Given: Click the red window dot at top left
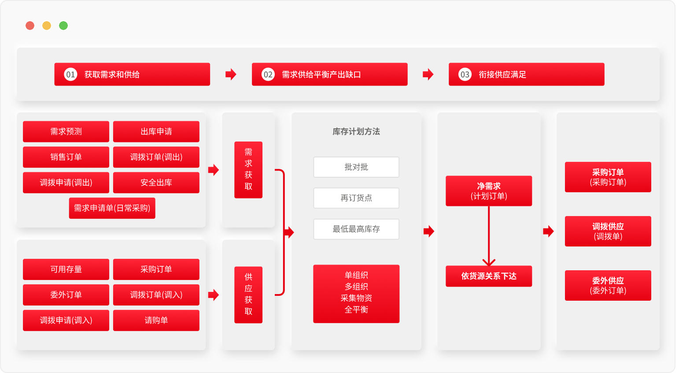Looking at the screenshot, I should pyautogui.click(x=30, y=26).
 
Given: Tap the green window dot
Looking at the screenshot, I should pyautogui.click(x=63, y=26).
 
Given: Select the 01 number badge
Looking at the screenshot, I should pyautogui.click(x=70, y=75).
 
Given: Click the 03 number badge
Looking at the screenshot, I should pyautogui.click(x=465, y=75).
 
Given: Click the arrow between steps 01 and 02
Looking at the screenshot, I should pyautogui.click(x=231, y=74).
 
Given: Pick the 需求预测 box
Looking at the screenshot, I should pyautogui.click(x=66, y=131).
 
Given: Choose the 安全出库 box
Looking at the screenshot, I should pyautogui.click(x=156, y=183).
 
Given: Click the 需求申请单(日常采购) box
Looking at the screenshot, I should pyautogui.click(x=112, y=208).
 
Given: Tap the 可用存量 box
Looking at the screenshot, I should pyautogui.click(x=66, y=269).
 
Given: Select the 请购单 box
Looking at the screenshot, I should pyautogui.click(x=156, y=321).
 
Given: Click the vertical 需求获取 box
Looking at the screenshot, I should pyautogui.click(x=248, y=170).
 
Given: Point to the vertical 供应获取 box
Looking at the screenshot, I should pyautogui.click(x=248, y=295).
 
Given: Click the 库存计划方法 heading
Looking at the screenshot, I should pyautogui.click(x=356, y=131).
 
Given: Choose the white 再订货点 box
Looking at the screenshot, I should pyautogui.click(x=356, y=198).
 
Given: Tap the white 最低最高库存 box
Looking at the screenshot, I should pyautogui.click(x=356, y=229).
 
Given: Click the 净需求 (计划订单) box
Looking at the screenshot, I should pyautogui.click(x=489, y=191).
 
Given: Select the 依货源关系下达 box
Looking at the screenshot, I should pyautogui.click(x=489, y=276).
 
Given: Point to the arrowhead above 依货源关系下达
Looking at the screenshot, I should pyautogui.click(x=489, y=262).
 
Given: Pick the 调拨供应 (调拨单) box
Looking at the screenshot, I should pyautogui.click(x=608, y=231).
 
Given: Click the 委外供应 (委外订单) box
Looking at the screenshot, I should pyautogui.click(x=608, y=285).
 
